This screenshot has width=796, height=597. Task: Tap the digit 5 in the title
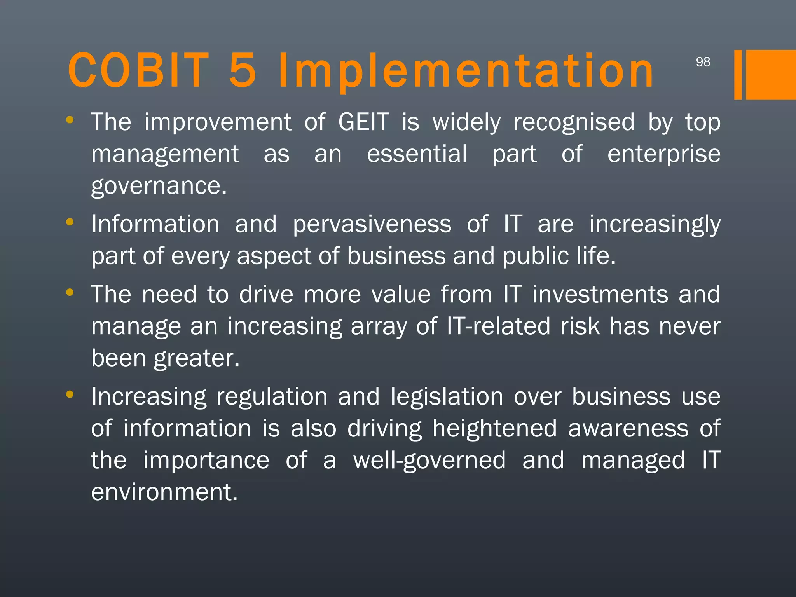coord(243,71)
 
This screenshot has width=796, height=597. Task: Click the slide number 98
coord(703,62)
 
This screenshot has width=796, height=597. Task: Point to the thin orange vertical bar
coord(738,75)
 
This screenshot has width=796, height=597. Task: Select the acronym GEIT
coord(363,122)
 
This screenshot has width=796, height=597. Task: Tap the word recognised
coord(574,123)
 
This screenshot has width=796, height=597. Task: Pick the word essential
coord(417,154)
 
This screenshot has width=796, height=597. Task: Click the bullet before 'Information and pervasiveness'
coord(70,222)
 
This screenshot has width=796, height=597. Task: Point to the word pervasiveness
coord(372,225)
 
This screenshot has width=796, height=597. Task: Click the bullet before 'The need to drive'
coord(70,292)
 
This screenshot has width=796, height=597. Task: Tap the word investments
coord(600,294)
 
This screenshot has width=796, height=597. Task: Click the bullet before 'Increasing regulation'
coord(70,395)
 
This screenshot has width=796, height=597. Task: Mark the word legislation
coord(447,397)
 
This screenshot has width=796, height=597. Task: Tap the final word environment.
coord(164,492)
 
